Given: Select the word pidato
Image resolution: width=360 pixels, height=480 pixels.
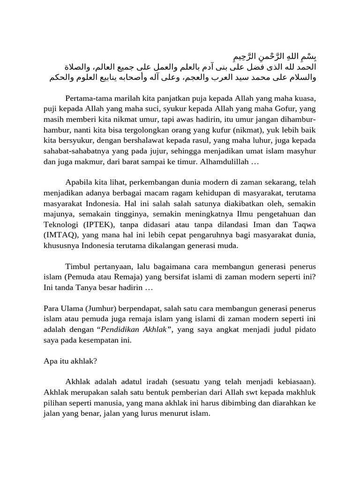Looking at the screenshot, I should click(x=304, y=330).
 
